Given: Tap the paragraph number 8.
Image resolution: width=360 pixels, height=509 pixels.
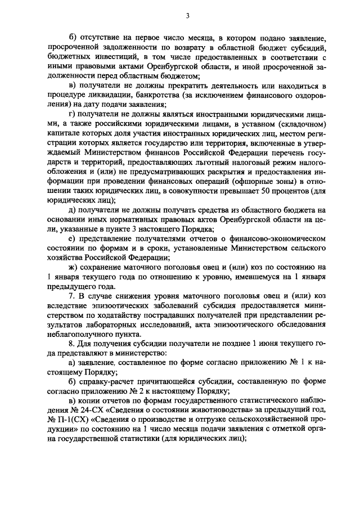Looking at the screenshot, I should pyautogui.click(x=70, y=344).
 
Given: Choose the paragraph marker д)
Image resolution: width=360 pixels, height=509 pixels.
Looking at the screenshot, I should pyautogui.click(x=71, y=209).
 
